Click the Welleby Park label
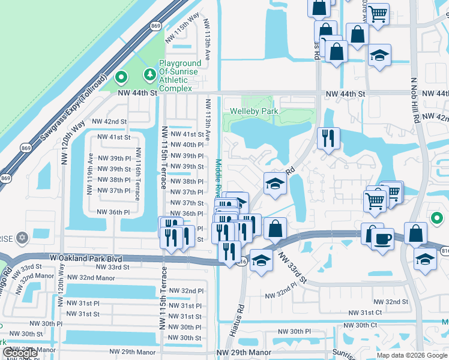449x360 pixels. pos(253,111)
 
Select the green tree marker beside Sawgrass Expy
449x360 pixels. pos(121,77)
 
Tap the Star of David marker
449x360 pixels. pos(22,238)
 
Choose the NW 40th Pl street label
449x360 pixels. pos(185,145)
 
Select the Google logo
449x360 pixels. pos(20,353)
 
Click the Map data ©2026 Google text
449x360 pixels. pos(411,355)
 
